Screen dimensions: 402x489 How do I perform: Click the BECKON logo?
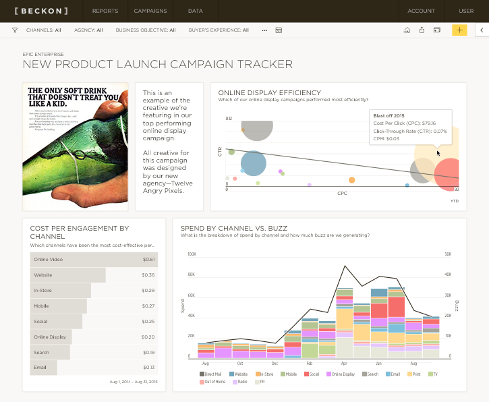pyautogui.click(x=41, y=11)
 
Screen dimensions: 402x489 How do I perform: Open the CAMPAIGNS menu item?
pyautogui.click(x=150, y=11)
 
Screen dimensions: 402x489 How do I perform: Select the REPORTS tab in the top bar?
pyautogui.click(x=105, y=11)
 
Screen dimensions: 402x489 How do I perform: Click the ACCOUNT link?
pyautogui.click(x=421, y=11)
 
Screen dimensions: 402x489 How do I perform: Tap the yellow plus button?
pyautogui.click(x=459, y=30)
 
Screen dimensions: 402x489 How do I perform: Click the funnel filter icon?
pyautogui.click(x=15, y=30)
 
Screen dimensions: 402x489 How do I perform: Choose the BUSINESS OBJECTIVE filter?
pyautogui.click(x=145, y=30)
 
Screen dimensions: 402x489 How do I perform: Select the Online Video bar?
pyautogui.click(x=94, y=260)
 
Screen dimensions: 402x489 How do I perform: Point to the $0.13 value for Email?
pyautogui.click(x=148, y=368)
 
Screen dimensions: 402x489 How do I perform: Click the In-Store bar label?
pyautogui.click(x=42, y=291)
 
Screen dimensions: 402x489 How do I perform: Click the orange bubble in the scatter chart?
pyautogui.click(x=351, y=179)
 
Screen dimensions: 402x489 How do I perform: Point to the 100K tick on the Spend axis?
pyautogui.click(x=192, y=254)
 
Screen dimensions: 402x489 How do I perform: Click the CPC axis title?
pyautogui.click(x=342, y=193)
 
